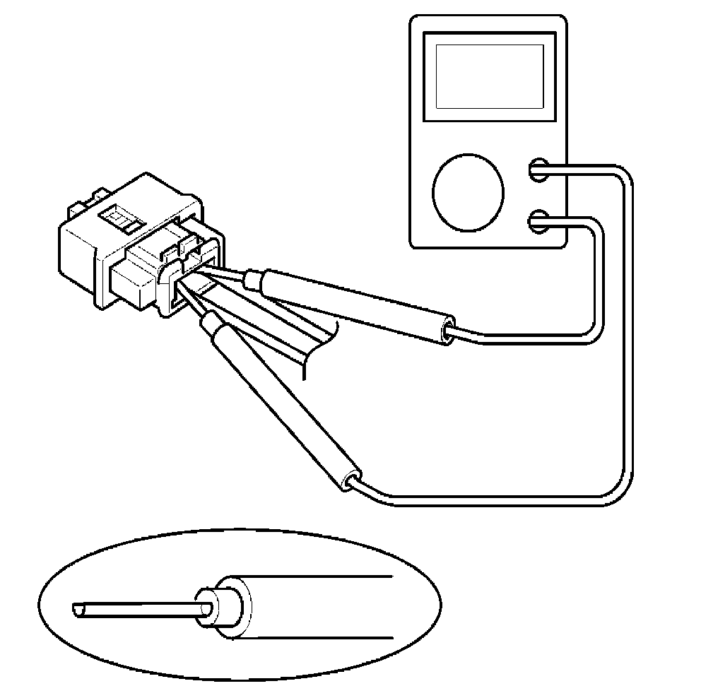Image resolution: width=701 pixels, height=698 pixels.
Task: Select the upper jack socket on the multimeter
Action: coord(538,169)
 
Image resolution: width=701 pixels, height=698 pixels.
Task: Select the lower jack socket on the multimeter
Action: coord(538,221)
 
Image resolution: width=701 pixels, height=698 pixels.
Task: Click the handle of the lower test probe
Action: coord(283,403)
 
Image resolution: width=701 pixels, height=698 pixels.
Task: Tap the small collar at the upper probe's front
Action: coord(252,280)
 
